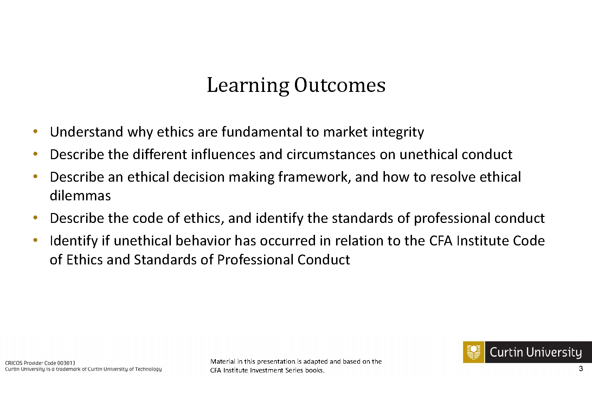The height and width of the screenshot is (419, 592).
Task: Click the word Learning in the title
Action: point(248,85)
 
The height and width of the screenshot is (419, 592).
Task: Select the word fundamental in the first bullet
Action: point(262,132)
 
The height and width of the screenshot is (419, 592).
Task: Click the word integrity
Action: point(398,132)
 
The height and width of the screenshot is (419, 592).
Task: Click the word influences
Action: point(223,154)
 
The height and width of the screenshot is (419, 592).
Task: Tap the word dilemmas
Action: point(81,196)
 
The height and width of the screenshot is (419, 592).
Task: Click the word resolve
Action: point(453,177)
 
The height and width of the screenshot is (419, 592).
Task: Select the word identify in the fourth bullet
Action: point(279,219)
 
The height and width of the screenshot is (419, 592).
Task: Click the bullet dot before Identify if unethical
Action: point(36,240)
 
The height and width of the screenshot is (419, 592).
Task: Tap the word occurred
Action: point(288,241)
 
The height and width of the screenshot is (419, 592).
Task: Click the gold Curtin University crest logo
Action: point(474,352)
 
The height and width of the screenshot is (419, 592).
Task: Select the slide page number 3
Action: point(581,368)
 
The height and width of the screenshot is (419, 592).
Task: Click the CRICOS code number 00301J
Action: point(66,363)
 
